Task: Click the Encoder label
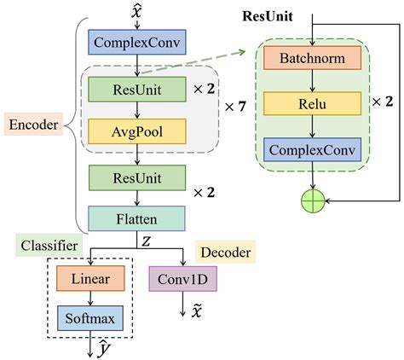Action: (x=33, y=125)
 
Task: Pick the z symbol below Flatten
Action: (x=146, y=241)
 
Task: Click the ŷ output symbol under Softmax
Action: (x=102, y=348)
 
